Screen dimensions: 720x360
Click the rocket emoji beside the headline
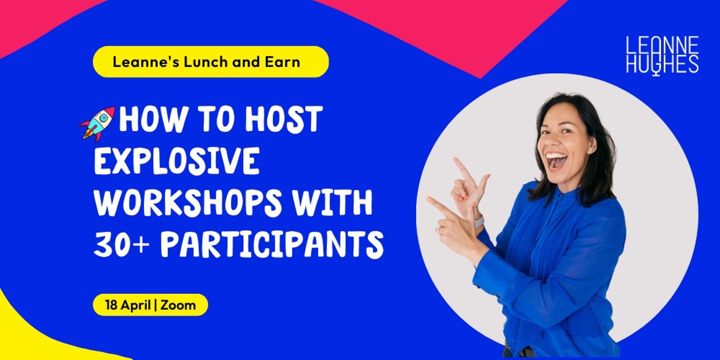click(x=97, y=124)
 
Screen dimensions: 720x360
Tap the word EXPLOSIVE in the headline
click(x=177, y=161)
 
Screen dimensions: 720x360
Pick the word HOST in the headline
click(x=283, y=119)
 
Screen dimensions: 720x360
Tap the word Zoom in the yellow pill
click(x=178, y=305)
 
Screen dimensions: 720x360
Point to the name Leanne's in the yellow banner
click(x=146, y=62)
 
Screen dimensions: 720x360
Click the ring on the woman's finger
click(x=439, y=229)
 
